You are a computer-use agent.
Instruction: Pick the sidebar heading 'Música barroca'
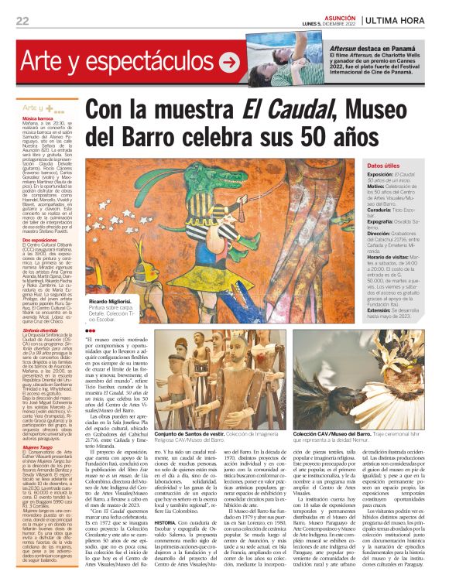pyautogui.click(x=38, y=118)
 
